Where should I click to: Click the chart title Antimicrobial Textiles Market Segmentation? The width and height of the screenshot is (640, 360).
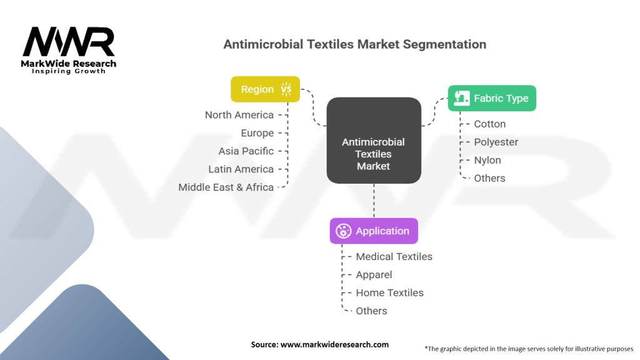[x=355, y=44]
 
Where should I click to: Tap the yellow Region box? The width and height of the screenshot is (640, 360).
[x=265, y=89]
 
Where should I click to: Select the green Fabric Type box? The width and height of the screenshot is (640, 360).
[x=492, y=98]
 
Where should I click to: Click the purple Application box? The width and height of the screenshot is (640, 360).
[x=374, y=231]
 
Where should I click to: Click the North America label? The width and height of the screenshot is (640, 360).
[x=239, y=115]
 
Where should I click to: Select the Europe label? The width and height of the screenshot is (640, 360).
[x=257, y=133]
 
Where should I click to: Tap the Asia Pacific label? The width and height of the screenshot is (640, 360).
[x=246, y=151]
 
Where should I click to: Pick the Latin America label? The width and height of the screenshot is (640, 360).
[x=241, y=169]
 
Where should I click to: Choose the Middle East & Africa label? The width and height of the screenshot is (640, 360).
[x=226, y=187]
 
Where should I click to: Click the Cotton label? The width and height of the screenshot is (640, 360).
[x=490, y=124]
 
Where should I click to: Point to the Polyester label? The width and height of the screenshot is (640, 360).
[x=496, y=142]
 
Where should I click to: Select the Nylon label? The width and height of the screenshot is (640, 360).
[x=487, y=160]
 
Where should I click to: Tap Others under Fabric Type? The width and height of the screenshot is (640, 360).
[x=490, y=178]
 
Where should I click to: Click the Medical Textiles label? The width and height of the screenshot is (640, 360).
[x=394, y=256]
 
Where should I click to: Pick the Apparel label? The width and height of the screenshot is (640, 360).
[x=374, y=274]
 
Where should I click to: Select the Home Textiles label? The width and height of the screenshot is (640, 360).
[x=389, y=292]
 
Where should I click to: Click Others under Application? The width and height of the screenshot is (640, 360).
[x=372, y=311]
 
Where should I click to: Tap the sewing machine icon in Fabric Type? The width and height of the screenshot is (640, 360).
[x=462, y=98]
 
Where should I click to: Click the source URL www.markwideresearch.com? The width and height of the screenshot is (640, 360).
[x=335, y=344]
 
